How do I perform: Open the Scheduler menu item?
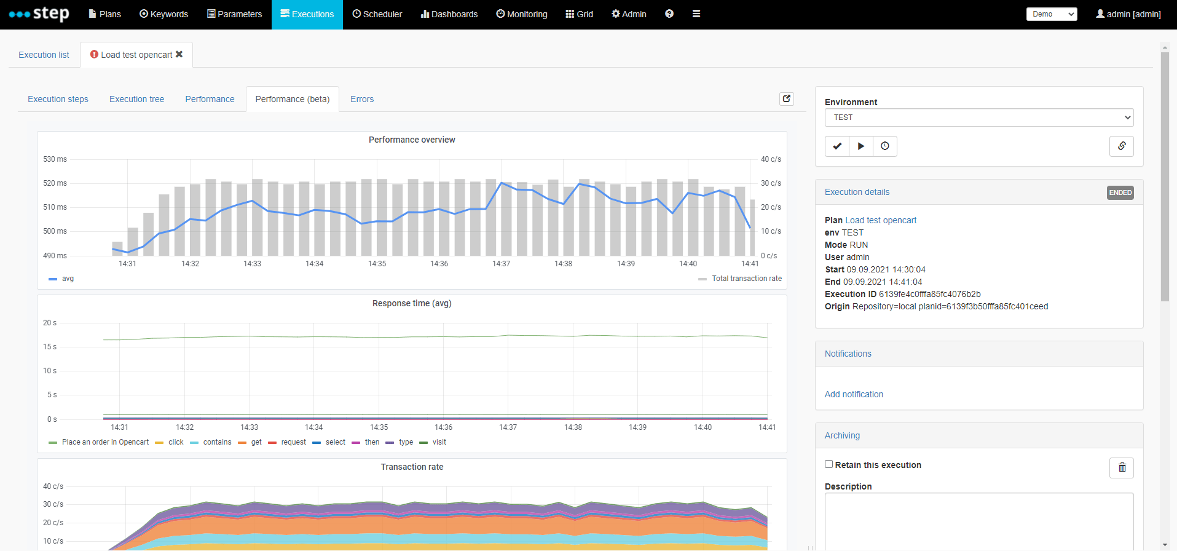[377, 14]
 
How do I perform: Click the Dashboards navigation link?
[449, 14]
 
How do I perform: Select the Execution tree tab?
[136, 99]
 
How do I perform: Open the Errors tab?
[361, 99]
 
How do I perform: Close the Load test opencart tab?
[179, 54]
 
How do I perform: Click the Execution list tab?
[44, 55]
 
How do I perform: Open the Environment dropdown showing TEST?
[978, 117]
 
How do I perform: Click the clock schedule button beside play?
[884, 146]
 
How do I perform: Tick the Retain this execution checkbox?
[829, 464]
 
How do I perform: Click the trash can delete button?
[1121, 467]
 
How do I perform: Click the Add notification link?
[854, 394]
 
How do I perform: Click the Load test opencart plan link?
[880, 220]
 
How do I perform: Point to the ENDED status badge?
[1120, 192]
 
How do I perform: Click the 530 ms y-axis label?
[55, 159]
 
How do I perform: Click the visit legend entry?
[439, 442]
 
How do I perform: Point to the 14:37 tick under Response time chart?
[508, 427]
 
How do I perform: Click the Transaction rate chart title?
[412, 467]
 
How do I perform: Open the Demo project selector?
[1051, 14]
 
